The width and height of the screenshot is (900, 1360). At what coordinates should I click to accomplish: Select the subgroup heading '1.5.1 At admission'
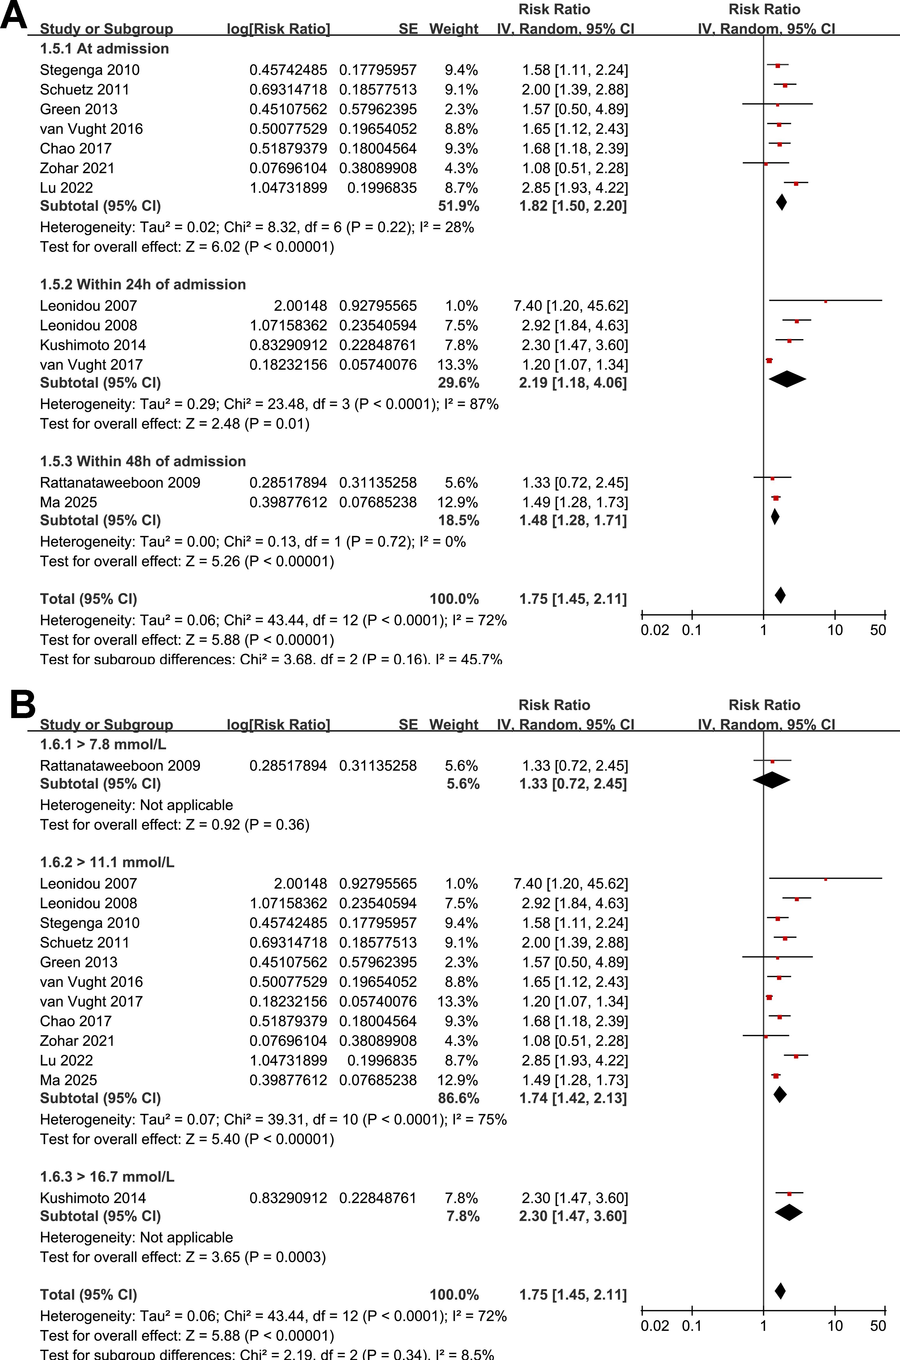tap(104, 49)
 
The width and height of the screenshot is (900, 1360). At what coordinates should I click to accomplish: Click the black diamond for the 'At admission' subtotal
tap(781, 202)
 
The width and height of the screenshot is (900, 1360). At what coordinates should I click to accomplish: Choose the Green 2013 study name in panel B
tap(79, 962)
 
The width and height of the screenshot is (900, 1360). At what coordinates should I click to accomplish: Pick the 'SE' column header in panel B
tap(408, 725)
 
